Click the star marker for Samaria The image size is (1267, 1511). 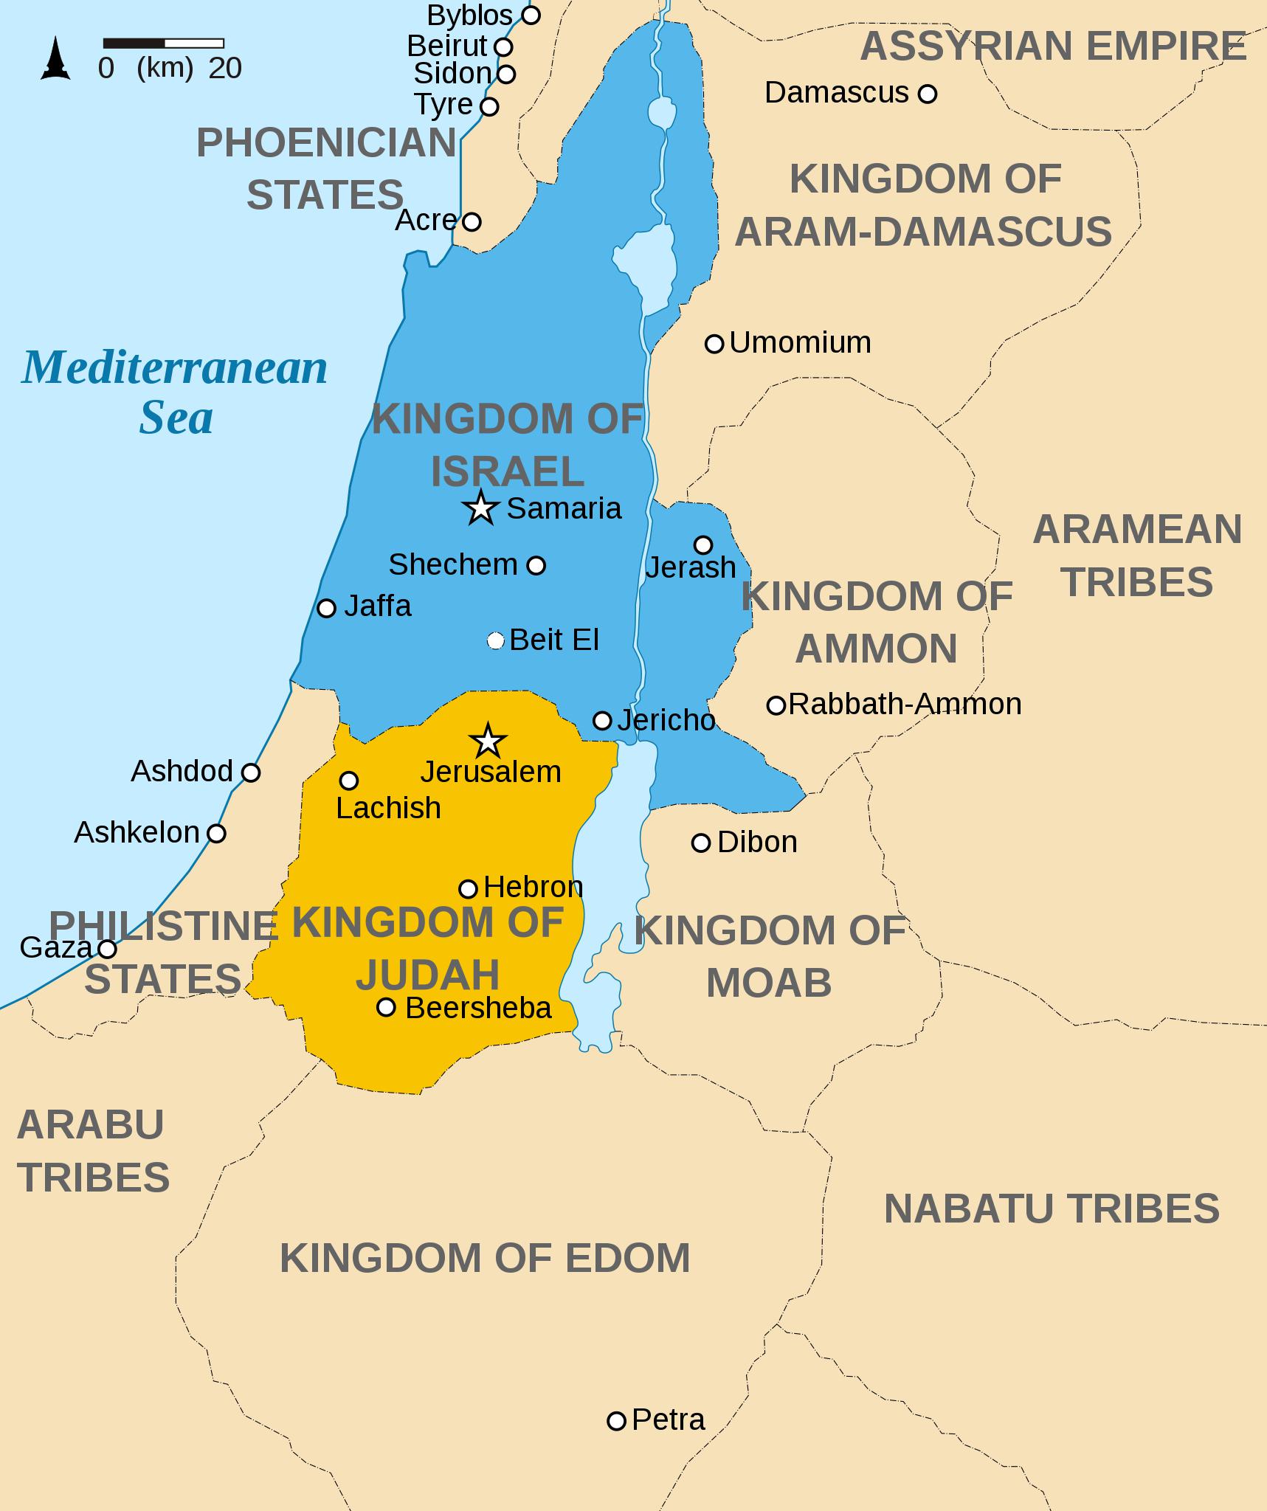pos(481,508)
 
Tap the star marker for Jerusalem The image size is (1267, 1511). pos(488,741)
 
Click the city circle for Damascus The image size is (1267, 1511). pos(928,94)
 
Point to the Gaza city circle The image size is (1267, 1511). pos(108,948)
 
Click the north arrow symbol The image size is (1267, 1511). pos(55,60)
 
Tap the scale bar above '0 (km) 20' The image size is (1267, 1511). pos(163,44)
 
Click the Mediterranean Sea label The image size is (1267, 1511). pos(175,392)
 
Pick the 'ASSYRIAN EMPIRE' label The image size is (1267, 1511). pos(1053,46)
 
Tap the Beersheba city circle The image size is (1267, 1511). pos(386,1007)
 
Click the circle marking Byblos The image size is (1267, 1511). pos(531,15)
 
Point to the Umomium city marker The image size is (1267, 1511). pos(714,343)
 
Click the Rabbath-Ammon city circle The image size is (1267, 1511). pos(776,705)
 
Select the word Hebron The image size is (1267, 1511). pos(533,887)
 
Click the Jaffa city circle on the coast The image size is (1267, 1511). pos(326,608)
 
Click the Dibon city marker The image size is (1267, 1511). pos(700,843)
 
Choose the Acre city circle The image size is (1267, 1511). pos(472,221)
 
